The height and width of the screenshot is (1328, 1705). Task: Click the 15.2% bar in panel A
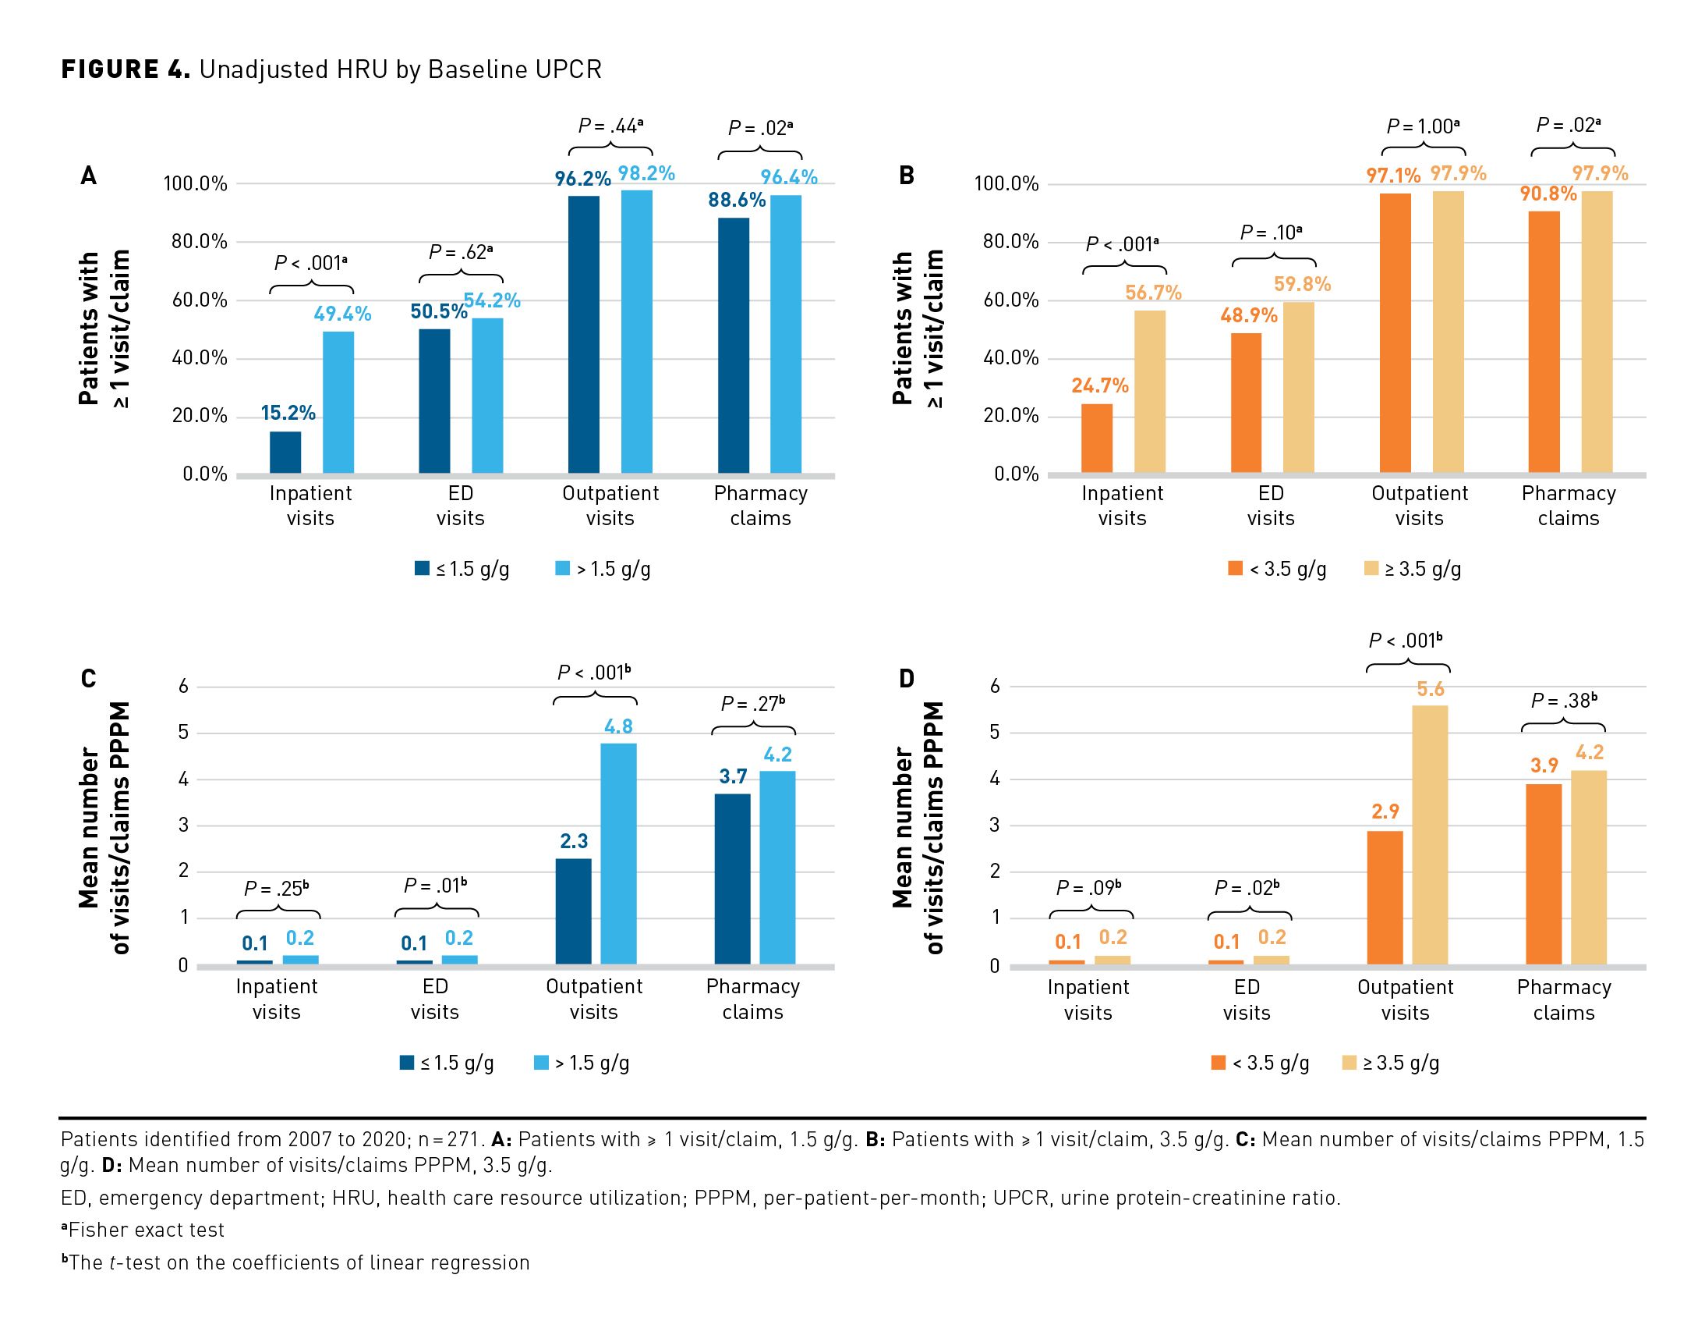[285, 453]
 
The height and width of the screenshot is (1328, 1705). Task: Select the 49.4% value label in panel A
[342, 314]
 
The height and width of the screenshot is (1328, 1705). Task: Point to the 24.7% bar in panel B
[1096, 439]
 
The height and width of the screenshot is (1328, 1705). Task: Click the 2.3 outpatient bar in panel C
[573, 911]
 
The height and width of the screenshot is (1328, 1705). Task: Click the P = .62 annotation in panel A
[461, 252]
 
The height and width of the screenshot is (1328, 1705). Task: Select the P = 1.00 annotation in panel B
[1423, 126]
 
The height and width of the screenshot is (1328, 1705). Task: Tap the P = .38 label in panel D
[1564, 701]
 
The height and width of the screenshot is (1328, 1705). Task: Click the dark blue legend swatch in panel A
[422, 569]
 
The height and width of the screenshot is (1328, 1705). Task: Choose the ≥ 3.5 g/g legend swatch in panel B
[1371, 569]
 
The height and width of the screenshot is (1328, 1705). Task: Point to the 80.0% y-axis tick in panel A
[199, 241]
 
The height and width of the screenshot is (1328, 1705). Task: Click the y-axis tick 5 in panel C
[183, 733]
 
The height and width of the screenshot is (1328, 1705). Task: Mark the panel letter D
[906, 678]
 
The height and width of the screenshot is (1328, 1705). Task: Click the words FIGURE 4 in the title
[126, 69]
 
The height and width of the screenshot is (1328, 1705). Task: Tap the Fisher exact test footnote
[143, 1230]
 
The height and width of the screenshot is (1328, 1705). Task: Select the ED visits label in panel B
[1270, 506]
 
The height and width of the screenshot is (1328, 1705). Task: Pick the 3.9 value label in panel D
[1544, 765]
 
